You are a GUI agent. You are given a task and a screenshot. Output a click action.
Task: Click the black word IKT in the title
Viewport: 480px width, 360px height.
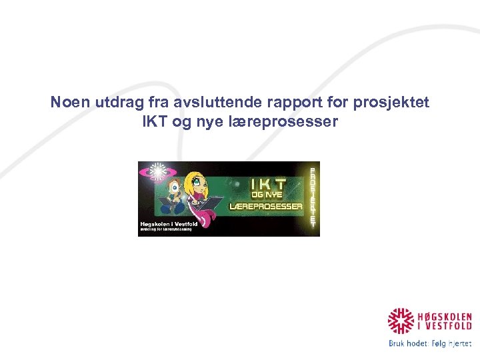155,123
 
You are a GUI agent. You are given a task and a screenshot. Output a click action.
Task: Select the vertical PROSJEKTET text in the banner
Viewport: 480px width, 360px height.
312,197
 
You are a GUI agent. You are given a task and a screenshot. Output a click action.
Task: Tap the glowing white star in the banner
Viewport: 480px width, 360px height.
158,172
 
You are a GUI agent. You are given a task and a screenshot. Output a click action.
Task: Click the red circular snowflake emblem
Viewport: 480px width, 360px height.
401,321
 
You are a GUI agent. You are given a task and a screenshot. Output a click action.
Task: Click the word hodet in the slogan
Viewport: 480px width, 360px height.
420,343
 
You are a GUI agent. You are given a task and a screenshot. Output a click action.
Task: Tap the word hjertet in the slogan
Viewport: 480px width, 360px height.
458,343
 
